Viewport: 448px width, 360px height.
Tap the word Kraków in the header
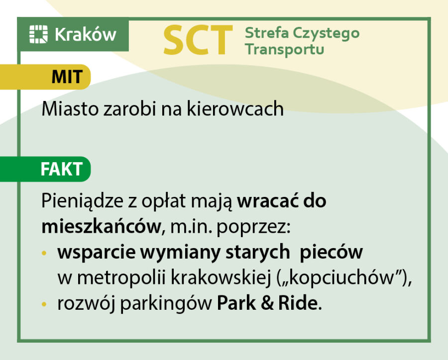85,34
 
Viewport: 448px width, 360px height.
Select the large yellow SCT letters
198,41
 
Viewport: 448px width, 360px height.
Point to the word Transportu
284,50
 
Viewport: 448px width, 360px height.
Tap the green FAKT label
61,169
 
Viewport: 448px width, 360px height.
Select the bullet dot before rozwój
45,304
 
